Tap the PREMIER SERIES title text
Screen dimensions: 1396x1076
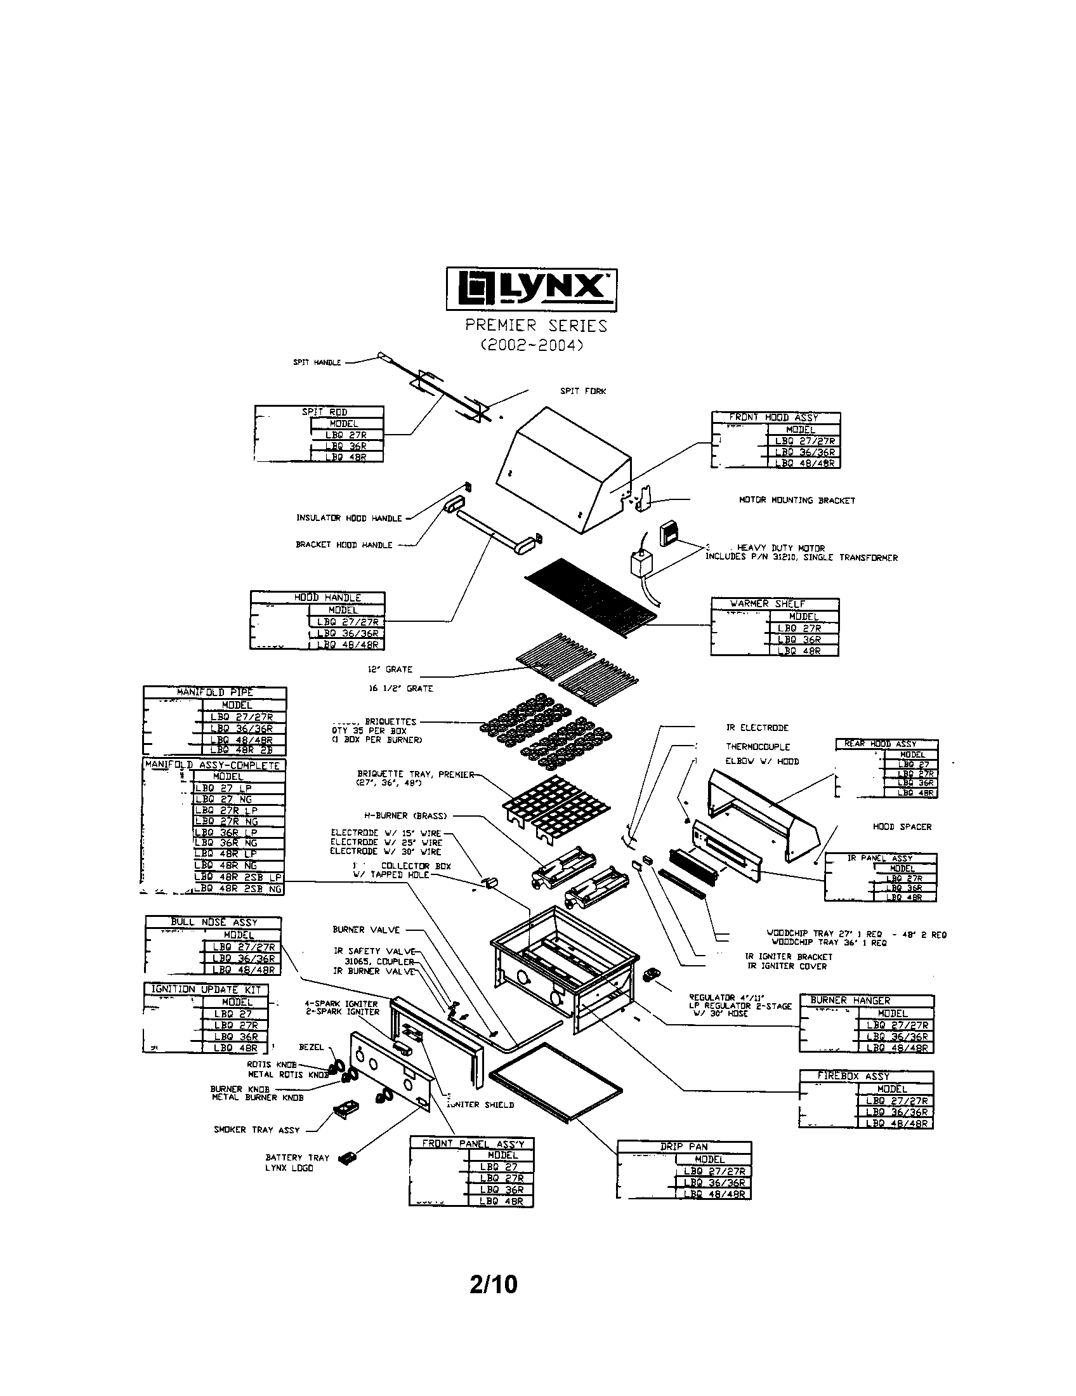[x=535, y=326]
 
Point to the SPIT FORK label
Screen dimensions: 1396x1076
[x=582, y=391]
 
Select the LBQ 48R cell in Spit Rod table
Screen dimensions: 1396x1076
[x=346, y=458]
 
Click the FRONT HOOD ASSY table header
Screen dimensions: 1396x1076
[x=776, y=418]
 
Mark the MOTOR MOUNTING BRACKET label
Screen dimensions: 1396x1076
[x=797, y=501]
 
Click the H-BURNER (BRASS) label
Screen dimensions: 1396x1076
[x=406, y=815]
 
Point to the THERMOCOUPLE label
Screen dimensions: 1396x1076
[x=758, y=747]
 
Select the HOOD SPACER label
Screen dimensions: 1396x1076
[x=902, y=826]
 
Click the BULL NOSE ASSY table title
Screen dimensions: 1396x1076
[x=213, y=923]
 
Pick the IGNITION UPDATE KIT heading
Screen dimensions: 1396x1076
[x=206, y=989]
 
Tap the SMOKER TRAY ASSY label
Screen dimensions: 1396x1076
[x=256, y=1129]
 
